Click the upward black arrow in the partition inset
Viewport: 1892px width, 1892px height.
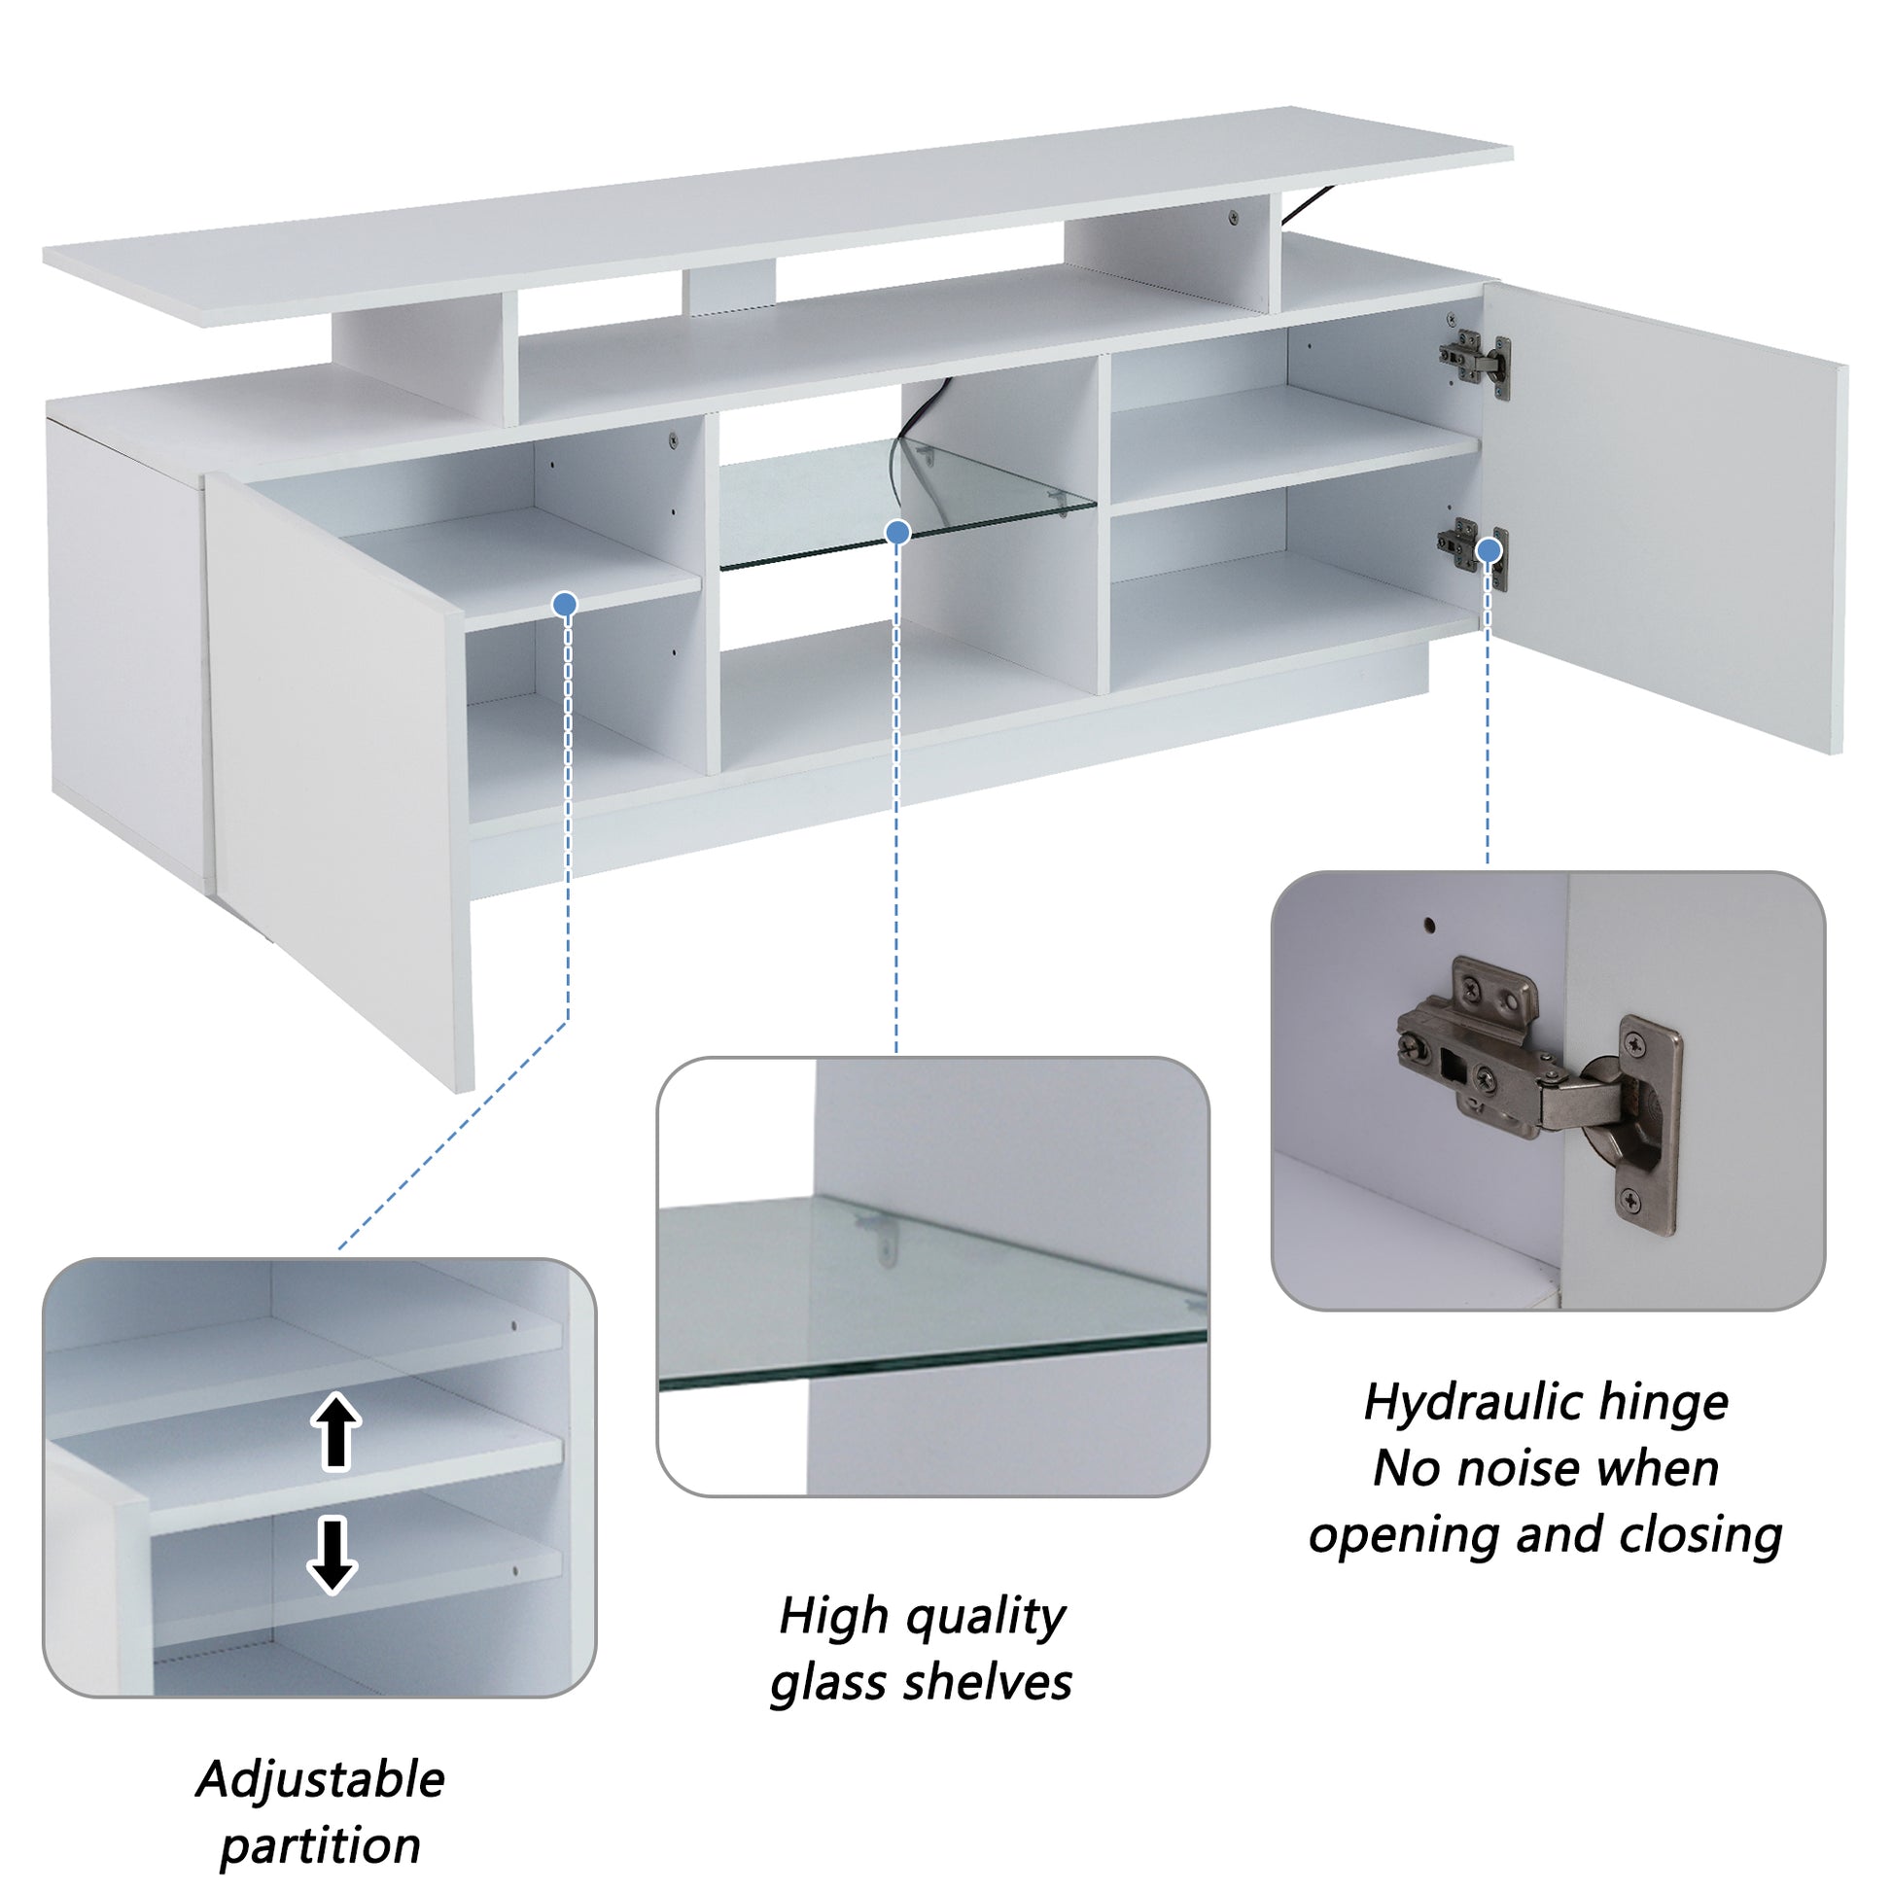click(335, 1433)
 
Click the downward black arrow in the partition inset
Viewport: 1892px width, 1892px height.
click(333, 1556)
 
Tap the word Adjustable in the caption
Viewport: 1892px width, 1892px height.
click(320, 1780)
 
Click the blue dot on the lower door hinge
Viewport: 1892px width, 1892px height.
click(1489, 550)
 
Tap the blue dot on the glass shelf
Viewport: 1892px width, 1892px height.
click(897, 533)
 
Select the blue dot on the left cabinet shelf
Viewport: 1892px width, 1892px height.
click(564, 604)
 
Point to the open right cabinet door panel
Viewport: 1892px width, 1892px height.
click(1664, 519)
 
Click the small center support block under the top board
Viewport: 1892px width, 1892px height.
click(729, 286)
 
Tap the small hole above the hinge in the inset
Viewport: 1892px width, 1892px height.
click(1430, 924)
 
